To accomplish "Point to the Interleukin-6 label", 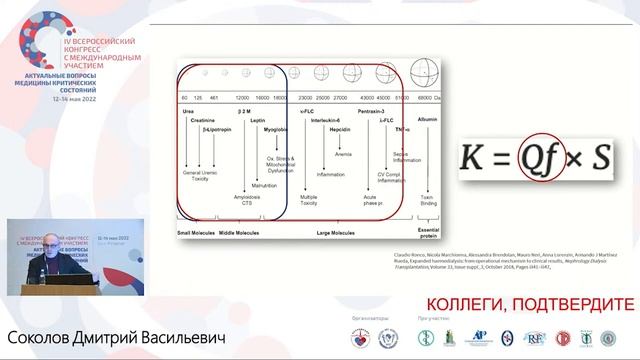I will (x=322, y=118).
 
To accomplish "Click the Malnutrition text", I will (x=264, y=185).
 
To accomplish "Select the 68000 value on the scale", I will (x=426, y=96).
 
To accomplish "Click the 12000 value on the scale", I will (x=241, y=96).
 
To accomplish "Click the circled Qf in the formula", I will (x=542, y=159).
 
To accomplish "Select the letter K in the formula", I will (x=473, y=160).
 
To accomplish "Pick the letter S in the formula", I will (x=601, y=160).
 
